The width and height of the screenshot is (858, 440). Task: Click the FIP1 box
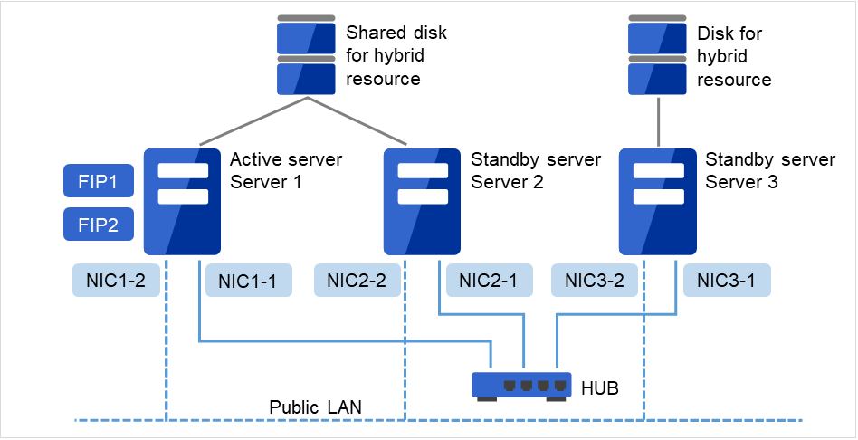[x=99, y=181]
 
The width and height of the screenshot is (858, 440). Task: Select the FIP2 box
[x=99, y=225]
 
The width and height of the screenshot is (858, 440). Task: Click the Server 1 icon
[x=183, y=201]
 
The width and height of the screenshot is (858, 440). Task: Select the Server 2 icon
[x=423, y=201]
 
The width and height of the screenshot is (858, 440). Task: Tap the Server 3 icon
[x=658, y=201]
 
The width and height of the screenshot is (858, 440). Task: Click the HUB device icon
[x=521, y=386]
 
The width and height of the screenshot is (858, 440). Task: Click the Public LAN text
[x=316, y=407]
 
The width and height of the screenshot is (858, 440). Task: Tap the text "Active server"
[x=286, y=160]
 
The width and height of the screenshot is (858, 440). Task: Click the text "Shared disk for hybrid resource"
[x=396, y=56]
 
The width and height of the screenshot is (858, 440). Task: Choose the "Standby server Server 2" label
[x=536, y=170]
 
